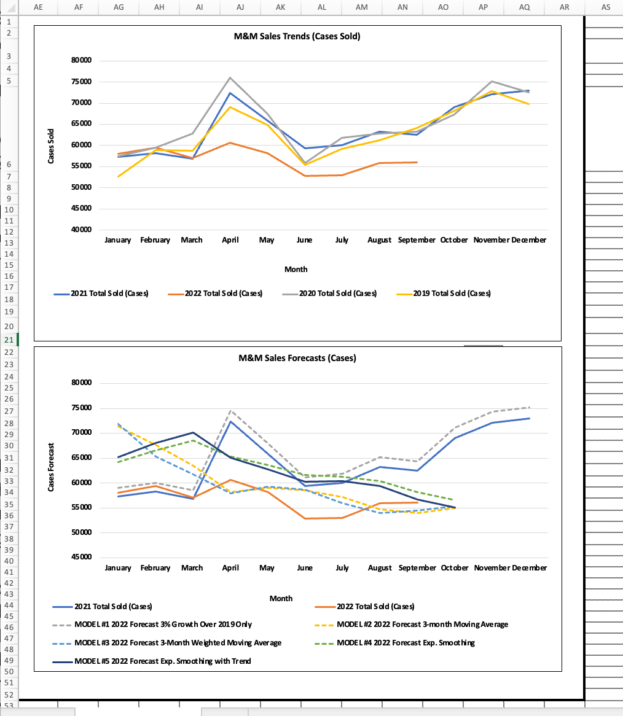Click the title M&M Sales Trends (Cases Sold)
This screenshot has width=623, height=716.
tap(297, 36)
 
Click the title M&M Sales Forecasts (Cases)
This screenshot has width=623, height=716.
tap(297, 358)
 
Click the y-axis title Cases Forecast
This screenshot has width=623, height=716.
tap(52, 467)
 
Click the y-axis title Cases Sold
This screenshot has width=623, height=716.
tap(52, 146)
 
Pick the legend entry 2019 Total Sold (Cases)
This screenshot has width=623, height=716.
tap(452, 294)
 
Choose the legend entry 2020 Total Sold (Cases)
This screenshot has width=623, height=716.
tap(338, 294)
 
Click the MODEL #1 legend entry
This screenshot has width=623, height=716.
tap(163, 625)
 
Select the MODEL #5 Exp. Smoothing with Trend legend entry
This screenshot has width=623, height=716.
tap(162, 661)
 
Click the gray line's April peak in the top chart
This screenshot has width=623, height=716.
tap(230, 78)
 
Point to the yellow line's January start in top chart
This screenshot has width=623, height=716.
tap(117, 177)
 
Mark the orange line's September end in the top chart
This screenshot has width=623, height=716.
tap(417, 162)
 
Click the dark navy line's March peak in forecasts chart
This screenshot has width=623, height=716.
tap(192, 433)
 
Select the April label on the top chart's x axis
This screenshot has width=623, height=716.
tap(230, 240)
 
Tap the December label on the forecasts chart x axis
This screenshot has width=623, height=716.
tap(530, 568)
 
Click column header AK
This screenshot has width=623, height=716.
tap(280, 7)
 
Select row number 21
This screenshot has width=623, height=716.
tap(9, 340)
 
